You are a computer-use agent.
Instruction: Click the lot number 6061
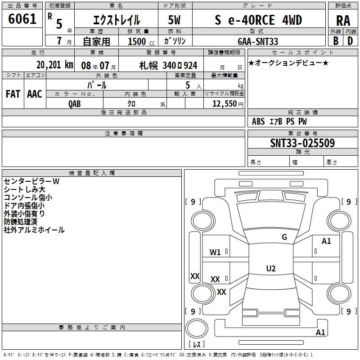click(22, 19)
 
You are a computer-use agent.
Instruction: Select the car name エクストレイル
click(117, 20)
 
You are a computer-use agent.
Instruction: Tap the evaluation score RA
click(343, 21)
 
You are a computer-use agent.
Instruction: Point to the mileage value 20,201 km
click(54, 65)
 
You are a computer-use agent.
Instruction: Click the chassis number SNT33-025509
click(302, 143)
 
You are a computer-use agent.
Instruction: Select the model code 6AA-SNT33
click(258, 41)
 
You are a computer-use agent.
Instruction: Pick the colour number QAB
click(74, 104)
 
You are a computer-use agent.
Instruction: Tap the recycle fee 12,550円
click(228, 104)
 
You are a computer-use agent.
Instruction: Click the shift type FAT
click(13, 94)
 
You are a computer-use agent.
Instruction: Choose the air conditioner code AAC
click(35, 94)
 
